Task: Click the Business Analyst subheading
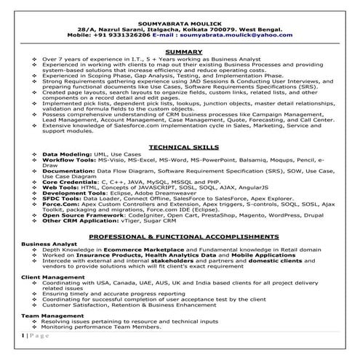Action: coord(46,244)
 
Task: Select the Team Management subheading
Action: coord(48,316)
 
